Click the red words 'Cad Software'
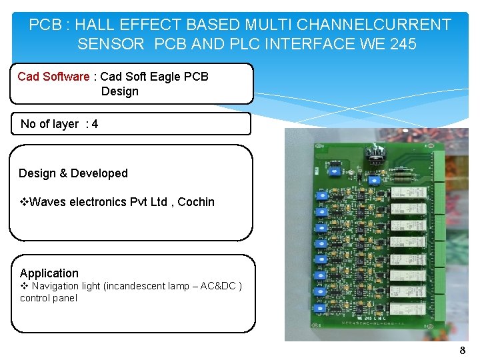53,77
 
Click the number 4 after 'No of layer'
95,124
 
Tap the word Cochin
196,202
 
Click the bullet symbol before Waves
24,202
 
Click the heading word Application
49,273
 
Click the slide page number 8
462,350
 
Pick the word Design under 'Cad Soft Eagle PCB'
120,91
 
